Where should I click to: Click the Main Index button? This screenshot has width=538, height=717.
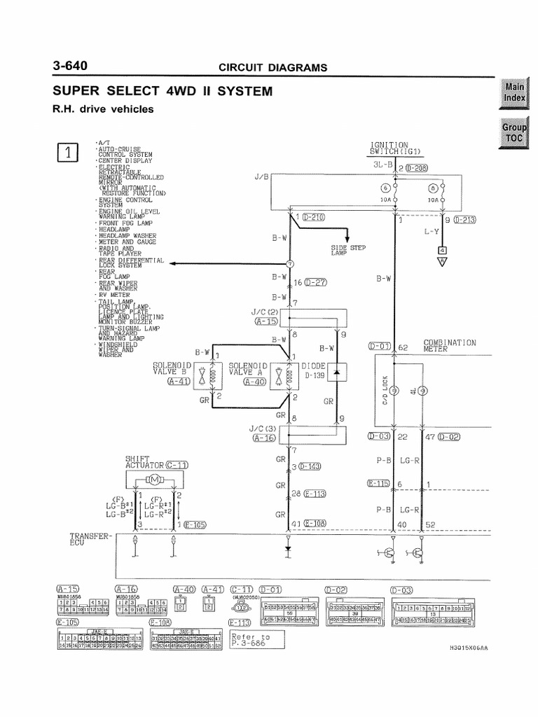pyautogui.click(x=515, y=92)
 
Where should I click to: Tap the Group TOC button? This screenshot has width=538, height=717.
pyautogui.click(x=515, y=132)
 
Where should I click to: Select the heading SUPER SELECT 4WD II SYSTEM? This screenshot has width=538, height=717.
pyautogui.click(x=163, y=92)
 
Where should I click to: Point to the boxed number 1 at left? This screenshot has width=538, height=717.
pyautogui.click(x=68, y=153)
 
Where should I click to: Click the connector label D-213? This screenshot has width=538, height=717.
pyautogui.click(x=464, y=220)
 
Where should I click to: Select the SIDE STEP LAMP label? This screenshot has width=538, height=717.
pyautogui.click(x=348, y=251)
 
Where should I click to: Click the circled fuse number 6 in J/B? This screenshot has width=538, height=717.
pyautogui.click(x=385, y=188)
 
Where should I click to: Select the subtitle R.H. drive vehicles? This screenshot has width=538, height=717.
pyautogui.click(x=102, y=109)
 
